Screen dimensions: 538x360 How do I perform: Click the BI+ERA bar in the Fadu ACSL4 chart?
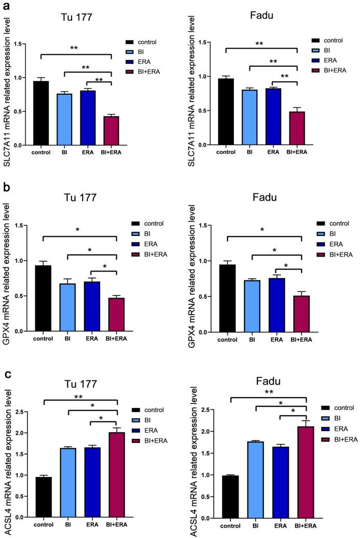(x=297, y=472)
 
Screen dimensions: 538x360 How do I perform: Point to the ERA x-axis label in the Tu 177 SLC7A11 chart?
(x=86, y=153)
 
